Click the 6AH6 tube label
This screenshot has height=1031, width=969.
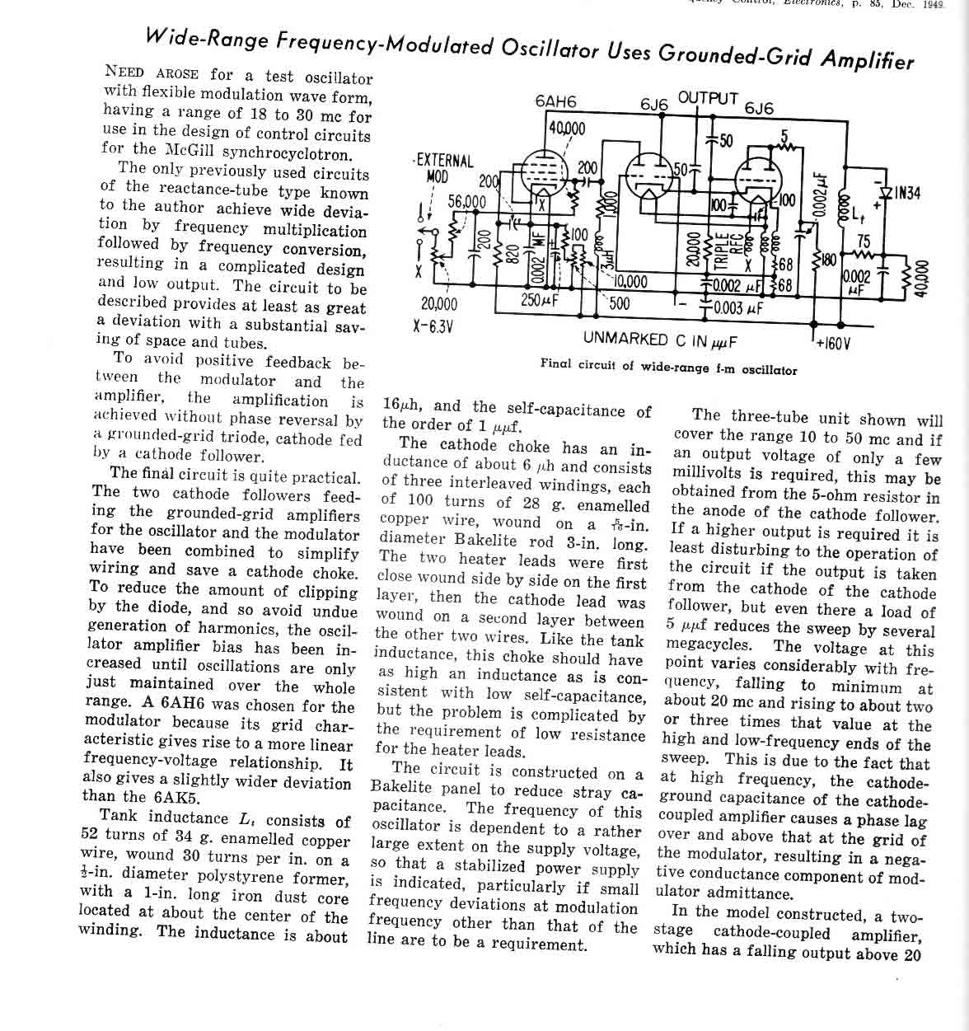tap(555, 101)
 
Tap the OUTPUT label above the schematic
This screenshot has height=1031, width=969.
tap(708, 97)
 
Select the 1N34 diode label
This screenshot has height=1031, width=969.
tap(907, 193)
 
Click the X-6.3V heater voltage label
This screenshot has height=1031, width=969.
tap(433, 325)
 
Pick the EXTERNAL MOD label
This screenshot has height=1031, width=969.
tap(443, 167)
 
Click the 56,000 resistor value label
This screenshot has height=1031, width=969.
tap(466, 202)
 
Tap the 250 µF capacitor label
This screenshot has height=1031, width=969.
tap(541, 299)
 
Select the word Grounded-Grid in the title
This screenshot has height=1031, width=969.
tap(748, 54)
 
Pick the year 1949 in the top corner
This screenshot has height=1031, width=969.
tap(933, 3)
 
